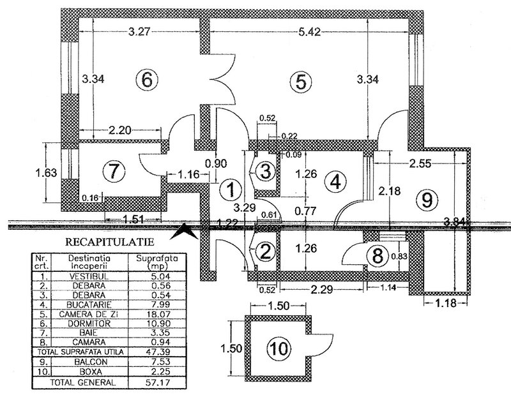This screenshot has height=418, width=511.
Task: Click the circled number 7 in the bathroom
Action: (x=113, y=171)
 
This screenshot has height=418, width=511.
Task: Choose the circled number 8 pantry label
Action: (x=378, y=253)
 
